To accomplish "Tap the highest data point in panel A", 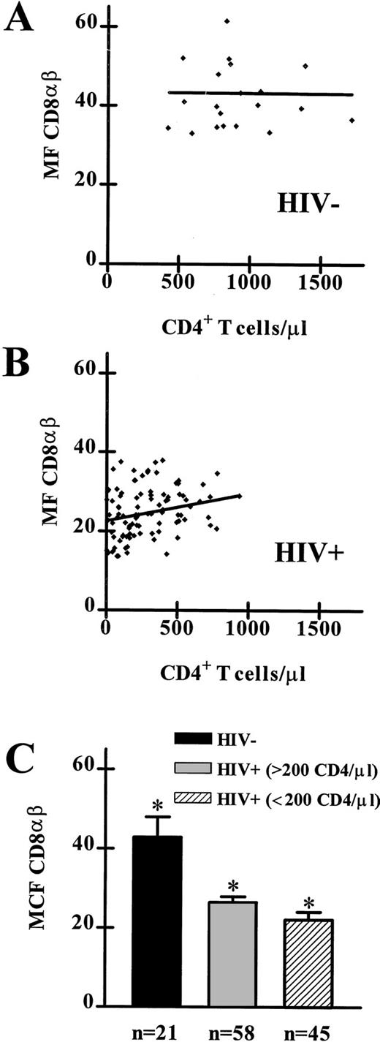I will [227, 21].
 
